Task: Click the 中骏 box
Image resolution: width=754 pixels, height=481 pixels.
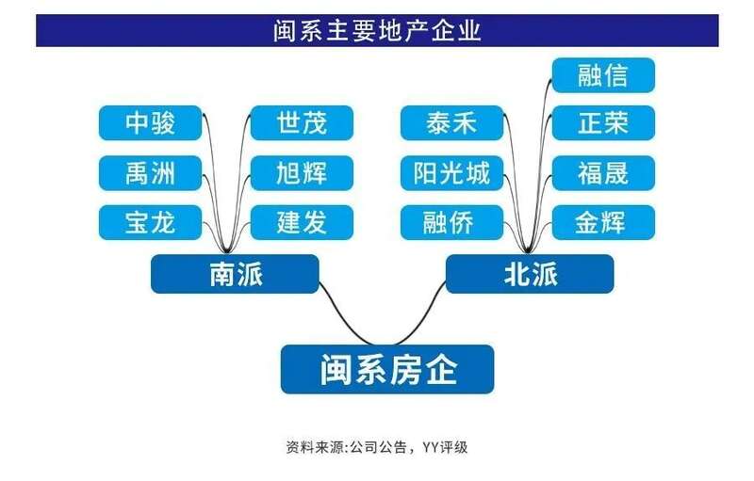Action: [150, 123]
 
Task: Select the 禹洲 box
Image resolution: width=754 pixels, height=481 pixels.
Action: [150, 173]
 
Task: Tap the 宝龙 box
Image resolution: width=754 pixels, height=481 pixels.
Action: [150, 222]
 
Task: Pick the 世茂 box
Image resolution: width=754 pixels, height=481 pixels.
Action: [302, 123]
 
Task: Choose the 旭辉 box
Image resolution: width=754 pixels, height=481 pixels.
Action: [302, 173]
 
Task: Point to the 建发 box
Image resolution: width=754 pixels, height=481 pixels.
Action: [302, 222]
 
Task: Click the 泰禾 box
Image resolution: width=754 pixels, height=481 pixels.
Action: [452, 123]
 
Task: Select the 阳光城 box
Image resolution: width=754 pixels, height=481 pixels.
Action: [452, 173]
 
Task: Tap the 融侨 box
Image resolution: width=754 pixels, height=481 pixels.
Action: [452, 222]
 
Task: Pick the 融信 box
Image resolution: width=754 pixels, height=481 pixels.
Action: [603, 75]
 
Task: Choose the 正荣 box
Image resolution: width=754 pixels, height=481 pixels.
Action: [603, 123]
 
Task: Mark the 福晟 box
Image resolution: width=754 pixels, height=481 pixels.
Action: [603, 173]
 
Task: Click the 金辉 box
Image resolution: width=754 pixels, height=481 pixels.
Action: [603, 222]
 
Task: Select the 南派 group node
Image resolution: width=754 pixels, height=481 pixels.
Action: [235, 274]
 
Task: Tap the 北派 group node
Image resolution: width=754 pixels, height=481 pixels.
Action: [530, 274]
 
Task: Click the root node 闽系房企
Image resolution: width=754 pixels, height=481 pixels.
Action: [387, 369]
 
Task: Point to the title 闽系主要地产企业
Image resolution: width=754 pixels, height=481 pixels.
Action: [378, 31]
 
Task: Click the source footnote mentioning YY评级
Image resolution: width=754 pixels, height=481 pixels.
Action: [376, 447]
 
